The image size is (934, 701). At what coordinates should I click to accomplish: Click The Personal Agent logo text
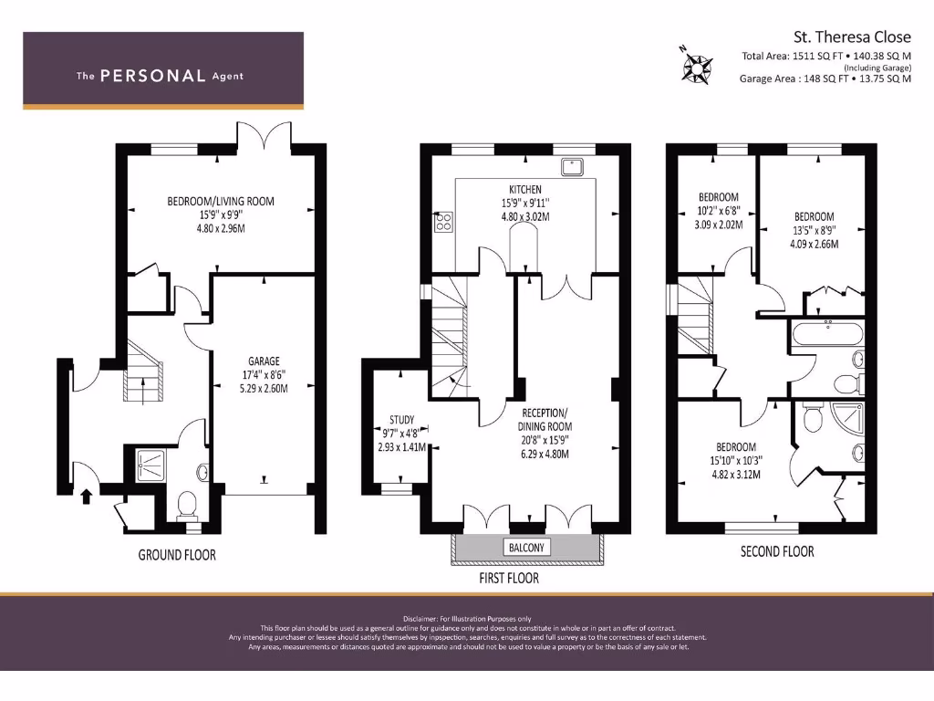[x=161, y=76]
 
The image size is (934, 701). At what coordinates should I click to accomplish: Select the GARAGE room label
[x=264, y=361]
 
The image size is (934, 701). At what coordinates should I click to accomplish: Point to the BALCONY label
[x=525, y=548]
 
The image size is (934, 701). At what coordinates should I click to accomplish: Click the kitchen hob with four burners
[x=444, y=222]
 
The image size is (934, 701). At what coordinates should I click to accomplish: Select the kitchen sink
[x=574, y=166]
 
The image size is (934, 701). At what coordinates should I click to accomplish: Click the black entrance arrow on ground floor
[x=87, y=497]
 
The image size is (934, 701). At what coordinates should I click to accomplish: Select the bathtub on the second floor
[x=828, y=334]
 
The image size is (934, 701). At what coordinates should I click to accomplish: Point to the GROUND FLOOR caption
[x=177, y=554]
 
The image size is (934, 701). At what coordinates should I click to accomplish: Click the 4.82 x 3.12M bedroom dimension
[x=736, y=474]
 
